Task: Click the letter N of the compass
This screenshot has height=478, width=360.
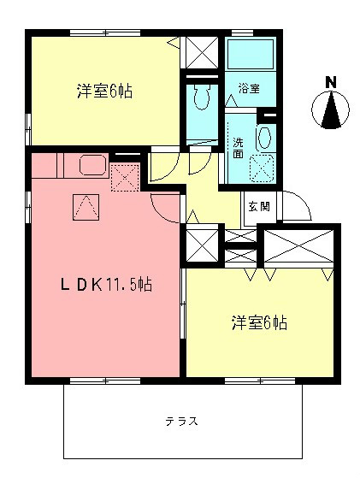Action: coord(330,82)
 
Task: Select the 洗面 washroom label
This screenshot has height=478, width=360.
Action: coord(238,147)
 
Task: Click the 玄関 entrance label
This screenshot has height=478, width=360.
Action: coord(259,206)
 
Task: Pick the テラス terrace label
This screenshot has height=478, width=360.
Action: coord(182,422)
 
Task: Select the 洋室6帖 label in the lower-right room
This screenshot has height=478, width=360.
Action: coord(258,323)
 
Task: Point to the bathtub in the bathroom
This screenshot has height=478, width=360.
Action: coord(250,59)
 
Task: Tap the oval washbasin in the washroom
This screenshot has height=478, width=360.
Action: coord(264,137)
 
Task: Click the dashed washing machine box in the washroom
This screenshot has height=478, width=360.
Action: coord(262,166)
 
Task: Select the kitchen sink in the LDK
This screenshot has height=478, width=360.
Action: coord(91,165)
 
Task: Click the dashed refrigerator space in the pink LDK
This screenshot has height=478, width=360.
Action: coord(125,177)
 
